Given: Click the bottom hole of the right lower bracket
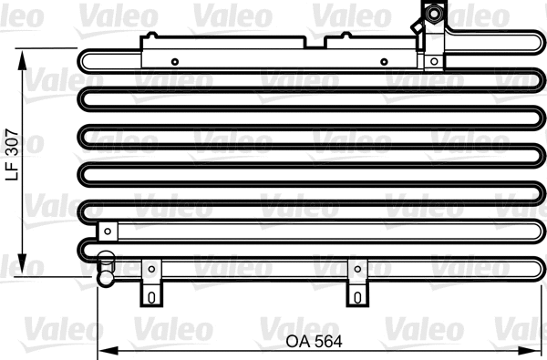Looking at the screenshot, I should [x=356, y=297].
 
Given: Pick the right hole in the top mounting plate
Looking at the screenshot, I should [x=384, y=62].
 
